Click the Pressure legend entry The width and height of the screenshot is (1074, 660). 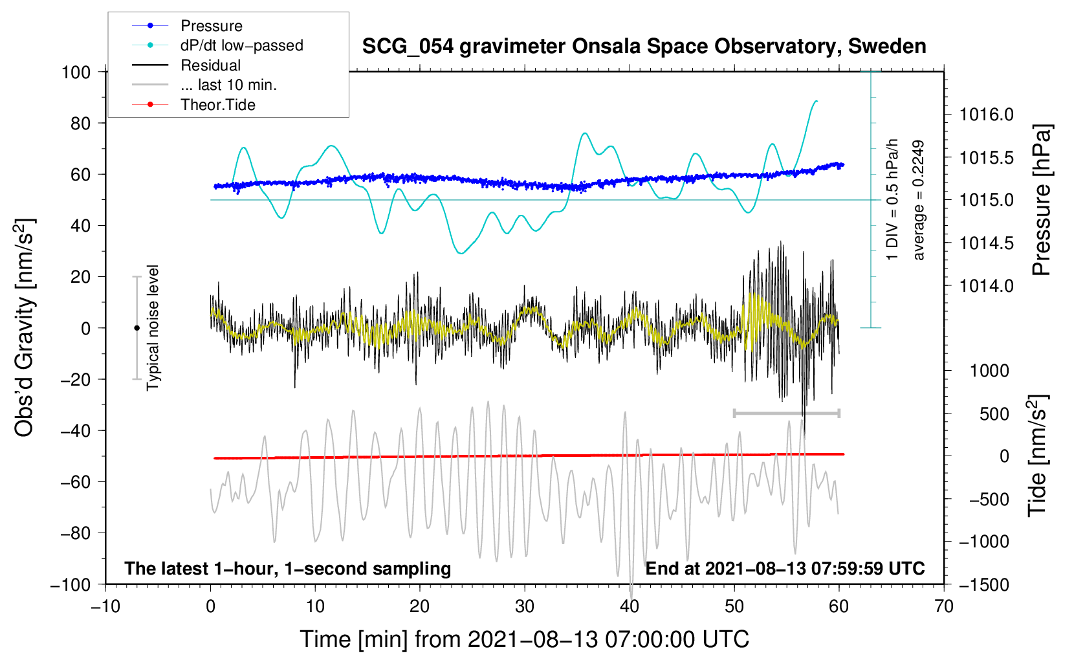pos(211,26)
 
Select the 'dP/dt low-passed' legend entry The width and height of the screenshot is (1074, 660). pos(241,45)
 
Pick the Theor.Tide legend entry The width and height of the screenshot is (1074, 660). pos(217,105)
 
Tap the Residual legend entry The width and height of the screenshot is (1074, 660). pos(210,65)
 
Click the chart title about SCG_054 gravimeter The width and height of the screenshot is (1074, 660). pos(644,47)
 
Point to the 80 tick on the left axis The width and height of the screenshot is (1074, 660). pos(80,123)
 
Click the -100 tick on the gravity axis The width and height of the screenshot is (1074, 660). pos(71,584)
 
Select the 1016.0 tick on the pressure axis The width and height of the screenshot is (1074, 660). pos(986,115)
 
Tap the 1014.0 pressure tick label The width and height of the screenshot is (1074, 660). pos(986,285)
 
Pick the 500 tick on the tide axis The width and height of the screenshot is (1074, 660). pos(994,413)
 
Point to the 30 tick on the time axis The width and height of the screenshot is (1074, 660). pos(525,606)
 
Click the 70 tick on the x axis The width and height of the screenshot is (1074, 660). pos(944,606)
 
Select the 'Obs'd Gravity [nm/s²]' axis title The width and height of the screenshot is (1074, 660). pos(25,327)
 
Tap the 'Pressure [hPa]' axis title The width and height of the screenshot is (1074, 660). pos(1041,200)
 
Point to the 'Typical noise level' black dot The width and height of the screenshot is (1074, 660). pos(137,328)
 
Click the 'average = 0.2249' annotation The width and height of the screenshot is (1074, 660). pos(919,200)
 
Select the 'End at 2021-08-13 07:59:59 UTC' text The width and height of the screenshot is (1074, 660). pos(785,568)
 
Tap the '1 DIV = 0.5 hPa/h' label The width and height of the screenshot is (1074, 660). pos(893,200)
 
